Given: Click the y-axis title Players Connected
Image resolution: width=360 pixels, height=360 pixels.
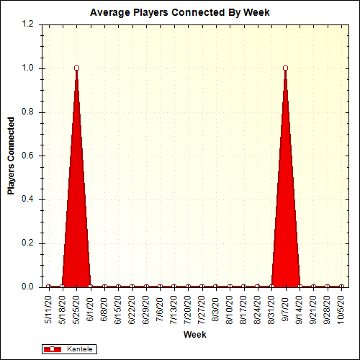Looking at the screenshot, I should point(11,156).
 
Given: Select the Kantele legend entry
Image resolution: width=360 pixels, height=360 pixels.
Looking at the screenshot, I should point(69,349).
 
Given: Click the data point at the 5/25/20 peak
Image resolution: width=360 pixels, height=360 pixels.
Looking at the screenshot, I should point(76,68).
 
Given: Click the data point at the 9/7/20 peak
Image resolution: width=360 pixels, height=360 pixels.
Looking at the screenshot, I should point(286,68).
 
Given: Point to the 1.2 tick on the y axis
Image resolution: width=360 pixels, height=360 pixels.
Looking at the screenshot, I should point(28,24).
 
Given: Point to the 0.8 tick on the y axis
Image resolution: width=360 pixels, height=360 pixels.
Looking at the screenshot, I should point(28,112).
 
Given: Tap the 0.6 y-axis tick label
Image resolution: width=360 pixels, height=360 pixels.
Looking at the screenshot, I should point(28,156).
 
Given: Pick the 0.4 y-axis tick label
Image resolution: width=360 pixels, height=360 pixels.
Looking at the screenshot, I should point(28,199).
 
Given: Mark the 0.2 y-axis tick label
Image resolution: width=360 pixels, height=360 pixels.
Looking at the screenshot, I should point(28,243).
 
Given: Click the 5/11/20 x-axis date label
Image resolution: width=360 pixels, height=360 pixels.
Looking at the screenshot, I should point(48,308).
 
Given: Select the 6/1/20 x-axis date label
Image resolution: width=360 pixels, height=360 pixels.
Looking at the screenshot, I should point(91,306).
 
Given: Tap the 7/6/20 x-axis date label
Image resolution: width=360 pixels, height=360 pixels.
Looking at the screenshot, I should point(161,306).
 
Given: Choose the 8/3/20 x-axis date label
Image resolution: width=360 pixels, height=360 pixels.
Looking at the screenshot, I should point(216,306).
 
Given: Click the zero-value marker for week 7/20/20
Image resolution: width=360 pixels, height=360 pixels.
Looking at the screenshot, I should point(188,287).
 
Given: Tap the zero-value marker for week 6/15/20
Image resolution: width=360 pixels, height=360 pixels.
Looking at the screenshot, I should point(118,287).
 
